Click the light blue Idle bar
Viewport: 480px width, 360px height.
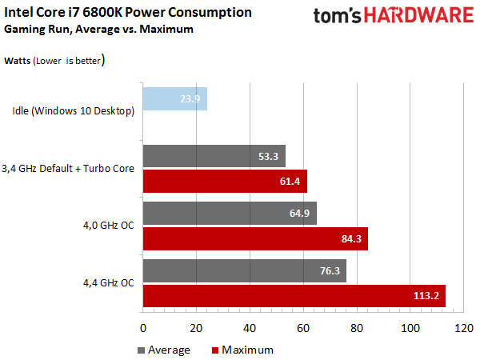pyautogui.click(x=174, y=99)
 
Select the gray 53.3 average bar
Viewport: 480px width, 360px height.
pyautogui.click(x=214, y=156)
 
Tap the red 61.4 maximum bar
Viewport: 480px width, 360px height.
pyautogui.click(x=224, y=181)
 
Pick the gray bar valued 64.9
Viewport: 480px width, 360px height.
pyautogui.click(x=230, y=213)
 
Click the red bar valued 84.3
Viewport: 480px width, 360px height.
pyautogui.click(x=255, y=238)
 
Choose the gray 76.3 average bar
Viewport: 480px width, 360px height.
pyautogui.click(x=244, y=270)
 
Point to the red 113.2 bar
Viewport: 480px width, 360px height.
pyautogui.click(x=294, y=295)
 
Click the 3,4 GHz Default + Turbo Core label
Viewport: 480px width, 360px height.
pyautogui.click(x=67, y=168)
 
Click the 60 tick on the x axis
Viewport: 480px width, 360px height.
pyautogui.click(x=303, y=328)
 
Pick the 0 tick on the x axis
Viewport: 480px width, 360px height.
pyautogui.click(x=142, y=328)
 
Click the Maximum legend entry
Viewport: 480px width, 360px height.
pyautogui.click(x=245, y=350)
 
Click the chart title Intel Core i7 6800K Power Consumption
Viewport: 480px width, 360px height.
pyautogui.click(x=128, y=13)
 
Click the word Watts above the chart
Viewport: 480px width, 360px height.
pyautogui.click(x=19, y=60)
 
